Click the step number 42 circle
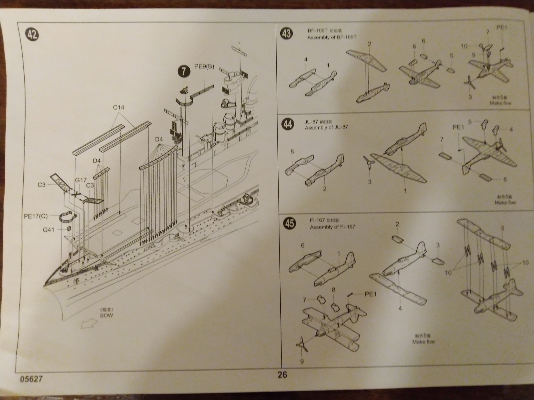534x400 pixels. [x=32, y=35]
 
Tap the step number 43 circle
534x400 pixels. [x=287, y=33]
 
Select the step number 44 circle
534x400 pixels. [x=288, y=124]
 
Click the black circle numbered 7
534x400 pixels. [x=184, y=71]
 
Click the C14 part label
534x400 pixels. [x=118, y=108]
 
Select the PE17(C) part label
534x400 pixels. [x=36, y=216]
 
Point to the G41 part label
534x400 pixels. [x=49, y=229]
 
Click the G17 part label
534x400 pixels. [x=81, y=180]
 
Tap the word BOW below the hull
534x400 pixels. [x=106, y=316]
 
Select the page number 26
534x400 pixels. [x=282, y=375]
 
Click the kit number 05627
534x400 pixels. [x=31, y=379]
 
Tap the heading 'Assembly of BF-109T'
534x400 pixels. [x=332, y=37]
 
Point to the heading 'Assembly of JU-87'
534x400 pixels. [x=326, y=127]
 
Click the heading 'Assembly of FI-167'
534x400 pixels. [x=332, y=227]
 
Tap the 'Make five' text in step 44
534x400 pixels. [x=505, y=203]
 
